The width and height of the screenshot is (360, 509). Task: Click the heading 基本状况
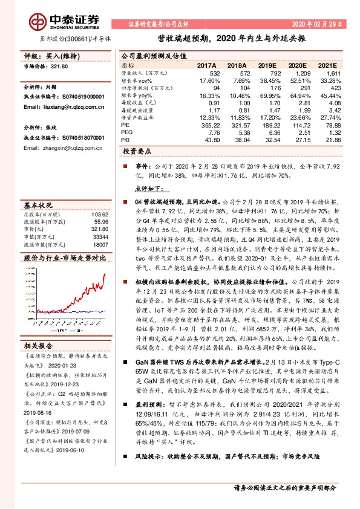(38, 204)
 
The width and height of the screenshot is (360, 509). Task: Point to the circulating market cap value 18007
(100, 245)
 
